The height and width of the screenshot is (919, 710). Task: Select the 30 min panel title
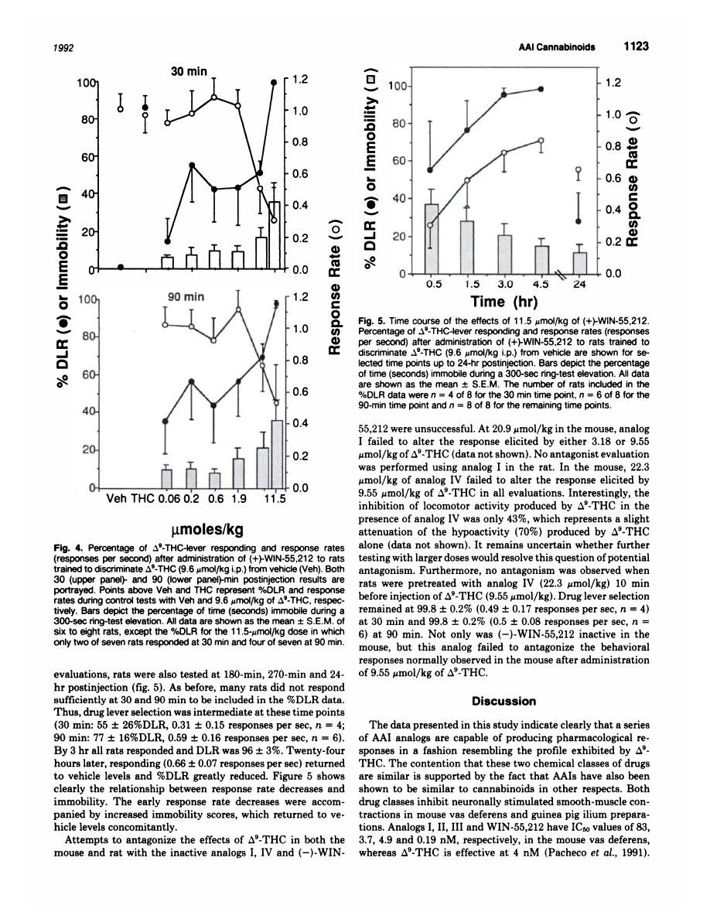point(189,71)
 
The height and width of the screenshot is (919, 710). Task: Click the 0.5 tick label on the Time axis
point(430,284)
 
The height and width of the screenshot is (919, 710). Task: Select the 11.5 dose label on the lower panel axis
point(275,499)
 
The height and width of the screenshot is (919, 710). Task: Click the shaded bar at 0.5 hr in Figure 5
point(432,238)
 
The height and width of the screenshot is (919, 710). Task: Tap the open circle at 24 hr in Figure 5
point(579,169)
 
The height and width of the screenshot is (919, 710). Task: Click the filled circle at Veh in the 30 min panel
point(120,267)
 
